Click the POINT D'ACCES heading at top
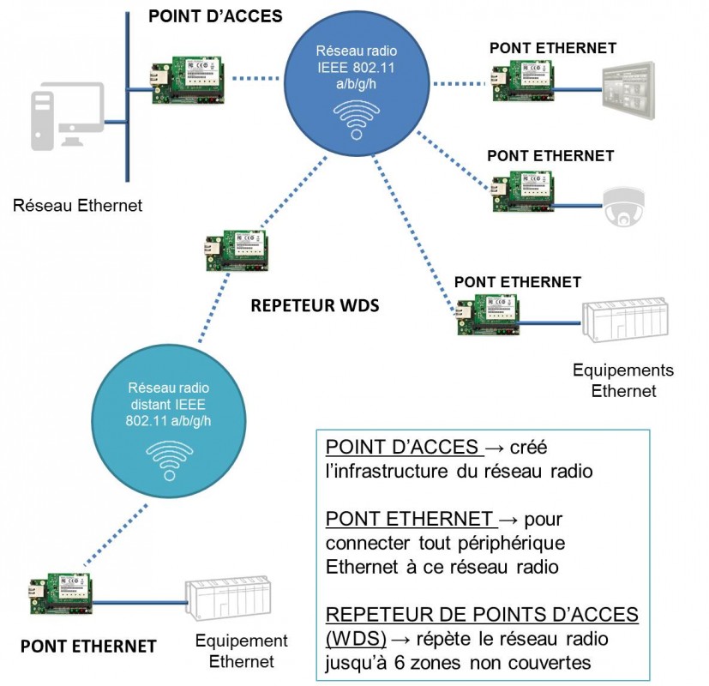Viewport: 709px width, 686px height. click(x=215, y=17)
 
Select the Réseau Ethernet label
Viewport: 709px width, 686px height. click(x=78, y=206)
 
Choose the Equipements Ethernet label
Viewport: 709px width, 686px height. click(x=623, y=381)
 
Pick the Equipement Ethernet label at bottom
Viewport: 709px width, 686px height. click(x=242, y=651)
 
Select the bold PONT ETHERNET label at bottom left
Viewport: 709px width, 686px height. click(x=88, y=646)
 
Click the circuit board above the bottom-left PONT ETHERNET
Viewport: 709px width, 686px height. click(x=60, y=593)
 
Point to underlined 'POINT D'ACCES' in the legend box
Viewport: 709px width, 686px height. click(x=402, y=448)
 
